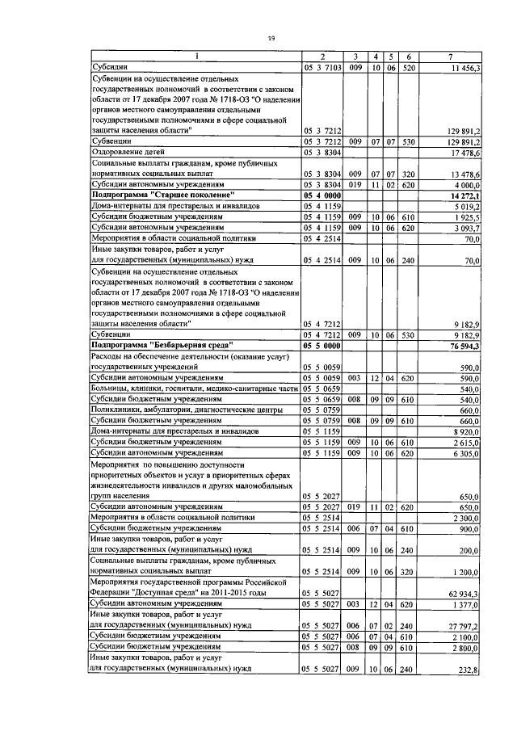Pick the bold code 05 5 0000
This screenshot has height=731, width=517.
pyautogui.click(x=322, y=345)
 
